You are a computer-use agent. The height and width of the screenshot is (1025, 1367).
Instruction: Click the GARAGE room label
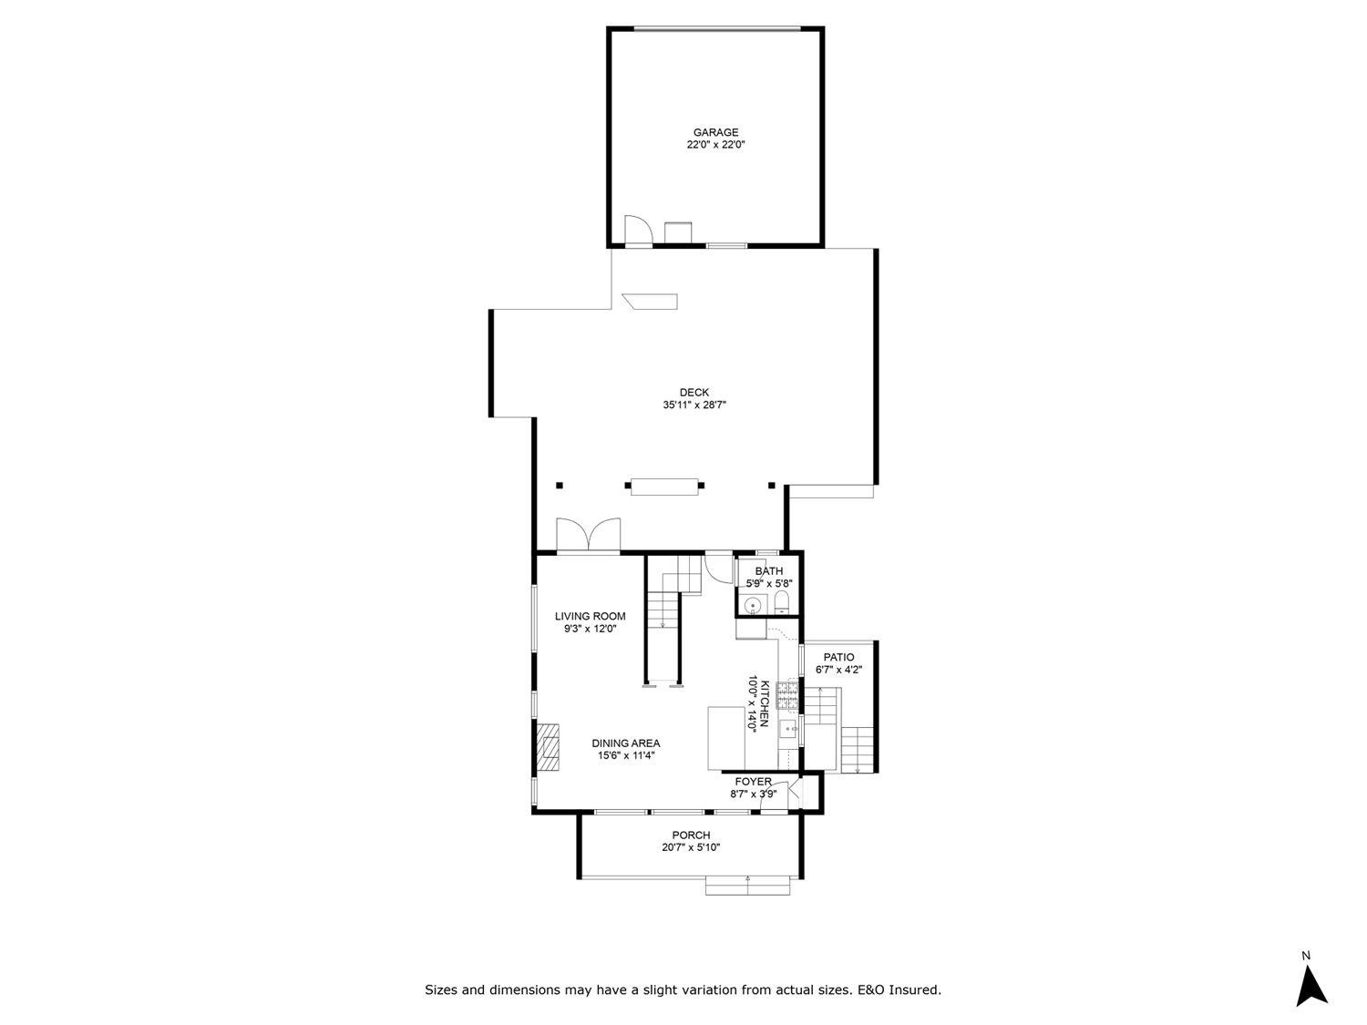coord(715,132)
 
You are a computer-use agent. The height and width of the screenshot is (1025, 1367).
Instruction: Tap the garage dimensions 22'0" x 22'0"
coord(715,145)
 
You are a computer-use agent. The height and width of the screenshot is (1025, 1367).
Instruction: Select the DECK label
coord(694,393)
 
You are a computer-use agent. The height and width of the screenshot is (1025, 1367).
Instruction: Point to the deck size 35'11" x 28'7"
coord(694,405)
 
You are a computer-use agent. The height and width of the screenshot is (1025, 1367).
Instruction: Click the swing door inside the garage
coord(637,231)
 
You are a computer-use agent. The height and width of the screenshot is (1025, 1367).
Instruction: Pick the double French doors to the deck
coord(588,536)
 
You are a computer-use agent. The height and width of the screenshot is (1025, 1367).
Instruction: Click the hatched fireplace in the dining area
coord(548,748)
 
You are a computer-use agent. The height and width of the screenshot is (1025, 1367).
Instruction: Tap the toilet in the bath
coord(781,602)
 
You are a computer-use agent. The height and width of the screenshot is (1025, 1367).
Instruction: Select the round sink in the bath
coord(753,605)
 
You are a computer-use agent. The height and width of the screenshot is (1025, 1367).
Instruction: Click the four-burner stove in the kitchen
coord(788,695)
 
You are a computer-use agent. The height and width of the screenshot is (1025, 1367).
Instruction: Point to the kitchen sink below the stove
coord(788,728)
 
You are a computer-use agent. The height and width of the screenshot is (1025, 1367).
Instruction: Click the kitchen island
coord(726,737)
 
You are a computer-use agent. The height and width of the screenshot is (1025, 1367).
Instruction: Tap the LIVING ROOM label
coord(590,616)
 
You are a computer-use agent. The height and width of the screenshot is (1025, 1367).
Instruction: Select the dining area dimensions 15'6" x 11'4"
coord(626,755)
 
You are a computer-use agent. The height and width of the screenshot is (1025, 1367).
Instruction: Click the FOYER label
coord(753,782)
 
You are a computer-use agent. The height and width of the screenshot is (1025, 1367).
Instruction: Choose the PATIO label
coord(838,657)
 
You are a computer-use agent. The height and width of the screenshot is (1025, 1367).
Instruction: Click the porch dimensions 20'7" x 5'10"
coord(691,847)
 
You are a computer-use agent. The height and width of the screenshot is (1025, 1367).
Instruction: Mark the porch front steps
coord(747,885)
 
